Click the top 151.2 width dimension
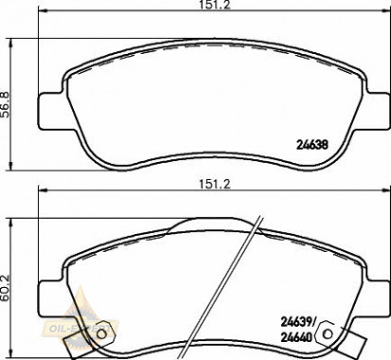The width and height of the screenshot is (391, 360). point(194,6)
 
